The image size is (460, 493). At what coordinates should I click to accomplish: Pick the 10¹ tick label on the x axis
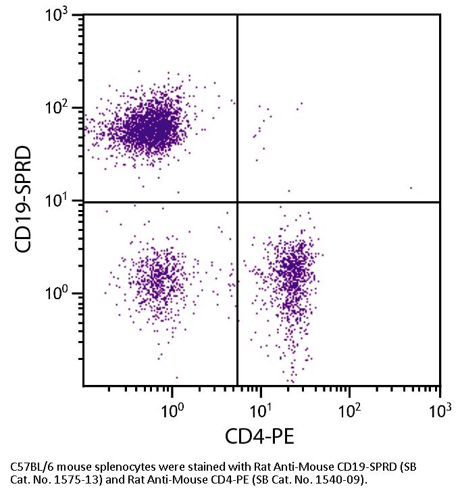pyautogui.click(x=262, y=411)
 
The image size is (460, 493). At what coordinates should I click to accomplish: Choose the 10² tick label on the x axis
pyautogui.click(x=351, y=411)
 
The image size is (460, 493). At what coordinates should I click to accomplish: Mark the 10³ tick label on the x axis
pyautogui.click(x=439, y=411)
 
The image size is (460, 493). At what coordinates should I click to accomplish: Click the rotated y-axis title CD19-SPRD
pyautogui.click(x=25, y=201)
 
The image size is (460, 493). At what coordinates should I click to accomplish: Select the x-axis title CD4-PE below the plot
pyautogui.click(x=260, y=438)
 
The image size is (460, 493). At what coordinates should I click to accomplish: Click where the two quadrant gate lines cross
pyautogui.click(x=237, y=201)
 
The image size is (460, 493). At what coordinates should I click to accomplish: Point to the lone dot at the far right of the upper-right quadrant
pyautogui.click(x=411, y=188)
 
